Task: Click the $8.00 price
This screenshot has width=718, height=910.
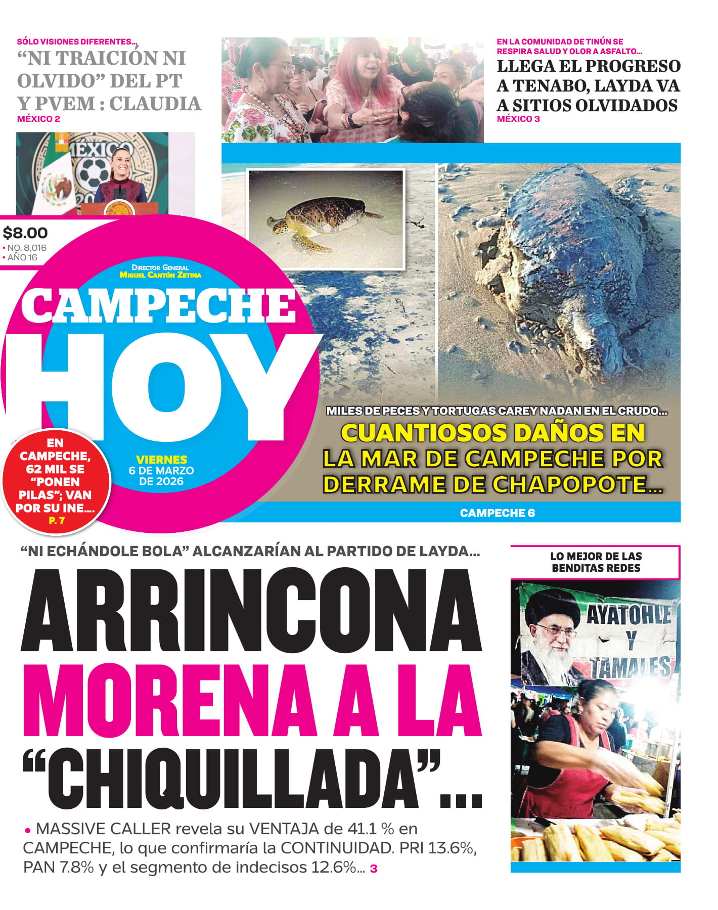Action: coord(25,233)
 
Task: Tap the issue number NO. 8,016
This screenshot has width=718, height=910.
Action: coord(27,248)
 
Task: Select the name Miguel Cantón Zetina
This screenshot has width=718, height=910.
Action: coord(160,275)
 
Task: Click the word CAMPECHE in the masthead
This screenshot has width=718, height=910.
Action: coord(158,307)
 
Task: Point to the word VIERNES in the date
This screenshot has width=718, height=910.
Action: coord(161,460)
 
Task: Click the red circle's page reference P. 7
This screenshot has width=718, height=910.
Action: coord(56,520)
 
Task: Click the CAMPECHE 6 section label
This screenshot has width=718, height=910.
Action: coord(497,513)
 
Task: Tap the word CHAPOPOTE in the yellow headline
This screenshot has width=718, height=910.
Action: coord(571,484)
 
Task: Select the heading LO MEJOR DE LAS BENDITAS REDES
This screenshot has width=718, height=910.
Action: coord(596,562)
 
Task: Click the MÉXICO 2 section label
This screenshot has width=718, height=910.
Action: coord(38,119)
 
